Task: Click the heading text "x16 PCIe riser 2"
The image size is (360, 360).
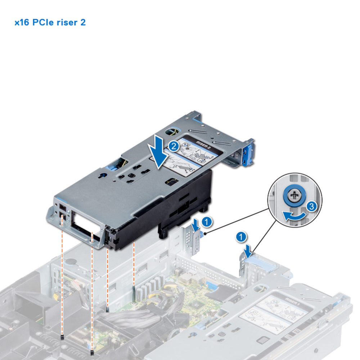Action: click(50, 23)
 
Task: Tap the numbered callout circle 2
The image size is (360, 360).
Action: click(174, 146)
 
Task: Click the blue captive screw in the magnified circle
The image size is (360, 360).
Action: click(295, 196)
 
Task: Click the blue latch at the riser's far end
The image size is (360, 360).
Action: click(249, 153)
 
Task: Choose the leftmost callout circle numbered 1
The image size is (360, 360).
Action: click(206, 222)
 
